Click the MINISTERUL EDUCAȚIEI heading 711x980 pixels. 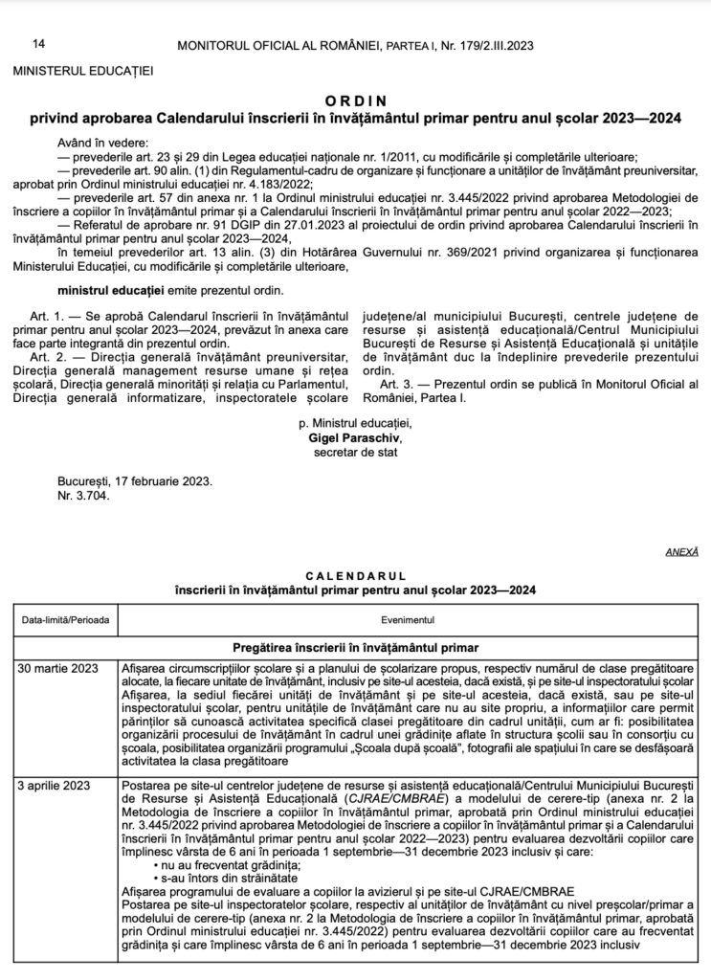[x=82, y=70]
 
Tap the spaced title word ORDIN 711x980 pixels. [x=355, y=100]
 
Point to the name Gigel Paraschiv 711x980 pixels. [x=355, y=436]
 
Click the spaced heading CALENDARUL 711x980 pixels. [x=355, y=577]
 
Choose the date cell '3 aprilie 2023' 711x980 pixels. [x=57, y=787]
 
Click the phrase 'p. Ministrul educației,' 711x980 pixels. [x=355, y=423]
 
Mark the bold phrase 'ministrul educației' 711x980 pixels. [x=108, y=288]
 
